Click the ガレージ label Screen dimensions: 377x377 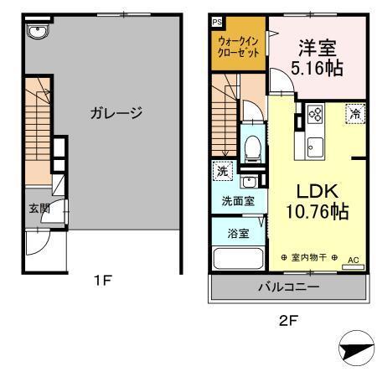[116, 112]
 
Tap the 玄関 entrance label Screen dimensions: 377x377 [38, 209]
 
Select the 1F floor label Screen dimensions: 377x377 [102, 281]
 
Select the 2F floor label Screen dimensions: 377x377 [287, 319]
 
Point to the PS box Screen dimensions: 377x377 [216, 22]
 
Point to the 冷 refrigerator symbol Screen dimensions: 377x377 [355, 114]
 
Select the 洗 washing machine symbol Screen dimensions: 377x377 [222, 171]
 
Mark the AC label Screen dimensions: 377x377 [353, 260]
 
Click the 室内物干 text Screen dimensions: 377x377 [310, 256]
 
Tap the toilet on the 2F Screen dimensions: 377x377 [251, 149]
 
